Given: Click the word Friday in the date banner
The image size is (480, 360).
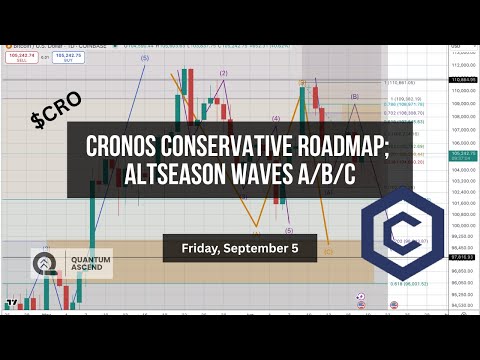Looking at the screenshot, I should pos(206,247).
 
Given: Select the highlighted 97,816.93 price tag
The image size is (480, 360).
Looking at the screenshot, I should pos(461,257).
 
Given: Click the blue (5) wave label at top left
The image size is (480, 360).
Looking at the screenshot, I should pos(145,59).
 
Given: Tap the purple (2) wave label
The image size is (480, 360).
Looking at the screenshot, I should pos(223,73).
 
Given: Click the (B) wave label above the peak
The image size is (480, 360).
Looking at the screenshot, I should pos(354,96).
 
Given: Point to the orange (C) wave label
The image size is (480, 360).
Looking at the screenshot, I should pos(328,252).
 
